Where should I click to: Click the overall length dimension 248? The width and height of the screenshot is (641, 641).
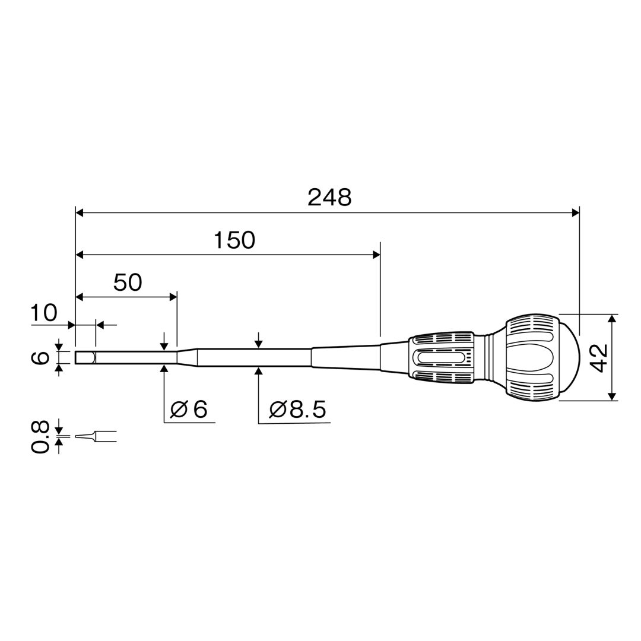pyautogui.click(x=329, y=198)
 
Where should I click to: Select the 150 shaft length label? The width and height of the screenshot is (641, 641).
pyautogui.click(x=234, y=240)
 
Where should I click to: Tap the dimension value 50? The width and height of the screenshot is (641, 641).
pyautogui.click(x=128, y=283)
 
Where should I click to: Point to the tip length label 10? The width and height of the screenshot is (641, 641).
pyautogui.click(x=44, y=313)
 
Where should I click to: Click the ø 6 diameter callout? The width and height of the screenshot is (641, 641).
pyautogui.click(x=189, y=409)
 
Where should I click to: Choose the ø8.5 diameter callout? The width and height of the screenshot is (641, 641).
pyautogui.click(x=297, y=409)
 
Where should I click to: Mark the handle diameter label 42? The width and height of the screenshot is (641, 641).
pyautogui.click(x=599, y=358)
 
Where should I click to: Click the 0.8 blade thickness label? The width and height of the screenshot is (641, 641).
pyautogui.click(x=40, y=436)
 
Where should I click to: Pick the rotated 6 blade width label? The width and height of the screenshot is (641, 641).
pyautogui.click(x=40, y=358)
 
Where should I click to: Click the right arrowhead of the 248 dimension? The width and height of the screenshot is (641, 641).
pyautogui.click(x=576, y=212)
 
